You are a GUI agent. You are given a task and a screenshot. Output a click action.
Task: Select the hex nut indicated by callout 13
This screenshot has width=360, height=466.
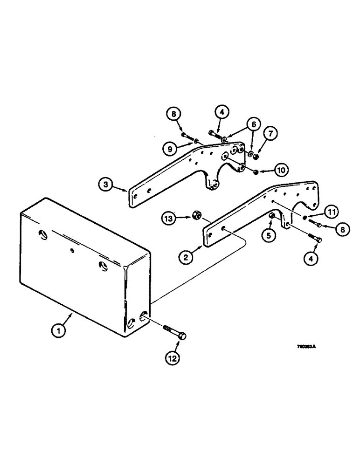click(196, 215)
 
